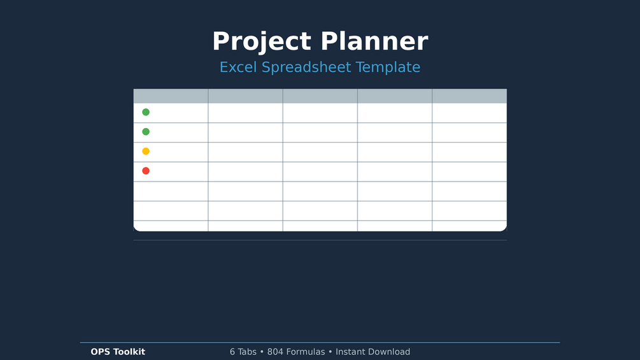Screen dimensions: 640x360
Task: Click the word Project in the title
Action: point(262,42)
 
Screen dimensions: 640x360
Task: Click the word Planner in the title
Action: point(374,41)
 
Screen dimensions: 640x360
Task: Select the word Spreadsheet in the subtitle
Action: point(306,68)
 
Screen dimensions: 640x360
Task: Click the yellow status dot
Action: point(146,151)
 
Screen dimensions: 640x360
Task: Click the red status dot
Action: point(146,171)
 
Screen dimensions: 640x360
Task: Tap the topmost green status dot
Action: point(146,112)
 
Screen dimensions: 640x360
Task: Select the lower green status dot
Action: point(146,131)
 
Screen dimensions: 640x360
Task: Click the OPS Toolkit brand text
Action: point(118,352)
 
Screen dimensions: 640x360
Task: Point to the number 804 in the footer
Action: point(275,352)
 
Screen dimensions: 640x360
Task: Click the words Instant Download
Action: point(373,352)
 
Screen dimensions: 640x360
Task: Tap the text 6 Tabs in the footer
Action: point(243,352)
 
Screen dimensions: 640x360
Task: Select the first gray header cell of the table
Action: point(171,96)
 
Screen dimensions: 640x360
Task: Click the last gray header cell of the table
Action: point(469,96)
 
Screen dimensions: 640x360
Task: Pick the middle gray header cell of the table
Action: point(320,96)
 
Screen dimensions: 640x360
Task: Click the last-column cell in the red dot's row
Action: point(469,172)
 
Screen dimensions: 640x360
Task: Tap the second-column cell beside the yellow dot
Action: point(245,152)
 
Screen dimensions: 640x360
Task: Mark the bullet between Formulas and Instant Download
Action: point(331,352)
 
